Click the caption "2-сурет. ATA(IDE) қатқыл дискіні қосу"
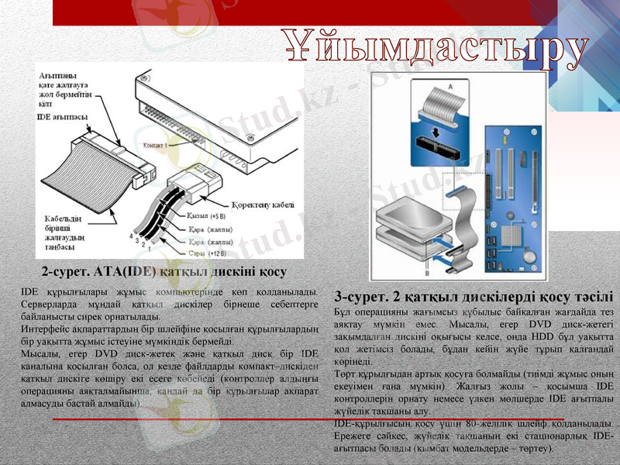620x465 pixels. pos(164,272)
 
